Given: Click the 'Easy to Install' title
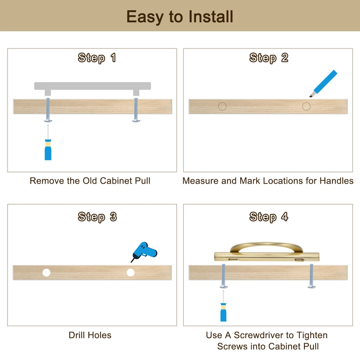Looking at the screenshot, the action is (180, 17).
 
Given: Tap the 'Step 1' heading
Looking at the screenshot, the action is (96, 58).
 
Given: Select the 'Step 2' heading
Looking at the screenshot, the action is (269, 58).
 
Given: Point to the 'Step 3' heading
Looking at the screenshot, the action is (97, 217).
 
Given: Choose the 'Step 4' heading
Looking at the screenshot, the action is (269, 217).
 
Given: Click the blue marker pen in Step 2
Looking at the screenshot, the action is (323, 84).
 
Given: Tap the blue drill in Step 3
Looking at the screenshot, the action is (144, 251).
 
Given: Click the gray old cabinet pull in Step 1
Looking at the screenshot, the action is (93, 88).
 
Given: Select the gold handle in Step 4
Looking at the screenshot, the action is (266, 252).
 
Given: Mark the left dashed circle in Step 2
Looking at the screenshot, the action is (222, 106).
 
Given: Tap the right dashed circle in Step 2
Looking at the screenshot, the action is (306, 106).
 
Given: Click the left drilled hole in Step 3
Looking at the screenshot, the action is (46, 273).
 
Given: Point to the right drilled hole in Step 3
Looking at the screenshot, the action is (131, 273).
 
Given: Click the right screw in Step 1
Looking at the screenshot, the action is (136, 110).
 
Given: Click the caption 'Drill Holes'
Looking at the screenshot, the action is (90, 335).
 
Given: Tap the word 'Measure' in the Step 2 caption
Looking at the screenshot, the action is (201, 181).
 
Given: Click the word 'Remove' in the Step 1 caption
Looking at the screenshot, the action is (47, 181).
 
